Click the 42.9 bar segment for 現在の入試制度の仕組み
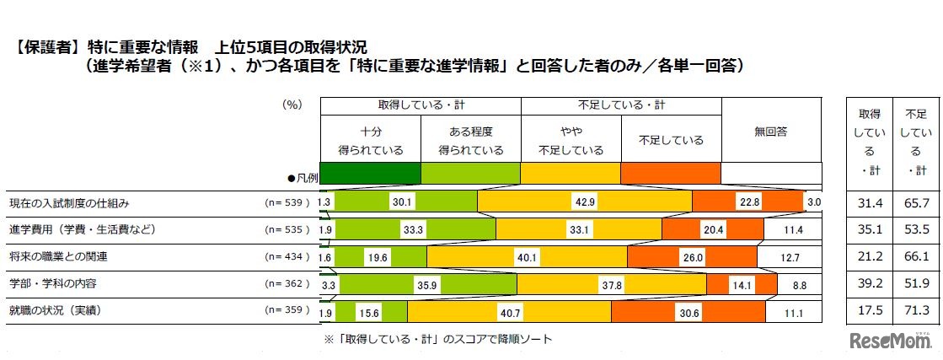(x=584, y=203)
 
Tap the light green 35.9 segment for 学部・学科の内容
(x=428, y=286)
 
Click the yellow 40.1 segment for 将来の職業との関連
(x=527, y=258)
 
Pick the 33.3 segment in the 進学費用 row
(x=413, y=230)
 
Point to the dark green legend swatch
(x=370, y=172)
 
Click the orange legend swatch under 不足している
(x=670, y=172)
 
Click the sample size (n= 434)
(x=287, y=257)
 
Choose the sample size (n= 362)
(x=287, y=285)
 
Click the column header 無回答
(x=770, y=131)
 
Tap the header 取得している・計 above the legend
(x=420, y=105)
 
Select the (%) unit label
(x=292, y=105)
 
